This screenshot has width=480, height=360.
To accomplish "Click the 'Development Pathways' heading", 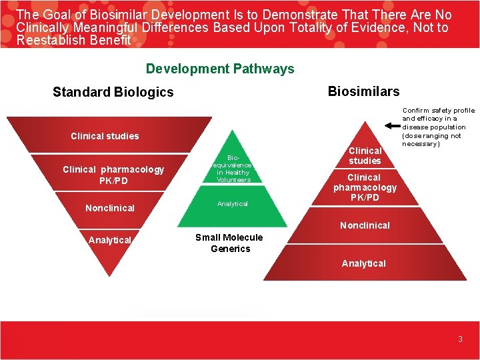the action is point(220,69).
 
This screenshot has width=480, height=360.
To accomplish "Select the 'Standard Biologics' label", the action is point(113,92).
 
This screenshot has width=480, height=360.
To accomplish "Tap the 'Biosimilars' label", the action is point(363,91).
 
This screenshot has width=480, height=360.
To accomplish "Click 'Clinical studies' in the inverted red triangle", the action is point(105,136).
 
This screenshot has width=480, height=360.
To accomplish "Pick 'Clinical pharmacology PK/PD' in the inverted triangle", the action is point(113,175).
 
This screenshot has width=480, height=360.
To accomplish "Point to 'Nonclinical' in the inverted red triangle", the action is point(110,208).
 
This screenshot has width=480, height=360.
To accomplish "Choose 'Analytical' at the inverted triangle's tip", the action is point(110,240).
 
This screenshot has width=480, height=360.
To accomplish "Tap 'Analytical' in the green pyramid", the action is point(233,204).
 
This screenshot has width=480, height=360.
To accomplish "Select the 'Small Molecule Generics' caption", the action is point(229,243).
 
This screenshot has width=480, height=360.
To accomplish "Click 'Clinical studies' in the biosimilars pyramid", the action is point(365,155).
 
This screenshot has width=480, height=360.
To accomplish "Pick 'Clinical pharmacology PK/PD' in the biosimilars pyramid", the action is point(365,187).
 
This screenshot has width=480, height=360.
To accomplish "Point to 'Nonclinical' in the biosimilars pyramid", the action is point(365,225).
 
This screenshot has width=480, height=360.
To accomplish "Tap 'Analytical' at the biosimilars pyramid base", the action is point(363,263).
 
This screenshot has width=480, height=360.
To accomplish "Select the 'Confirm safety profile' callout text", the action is point(438,127).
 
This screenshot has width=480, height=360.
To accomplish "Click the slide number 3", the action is point(460,339).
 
